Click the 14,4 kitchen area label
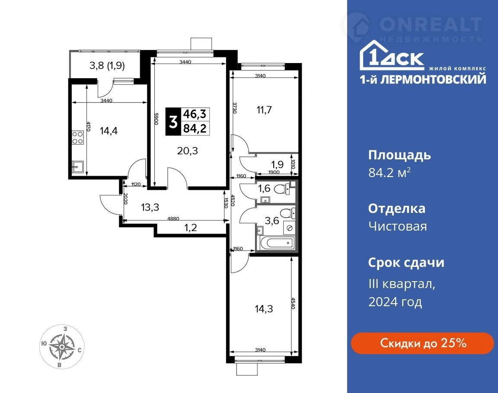[109, 130]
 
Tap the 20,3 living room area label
[187, 151]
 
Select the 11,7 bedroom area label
[264, 110]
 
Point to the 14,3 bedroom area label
[264, 309]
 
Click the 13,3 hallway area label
[150, 207]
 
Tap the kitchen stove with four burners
[77, 137]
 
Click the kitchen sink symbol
[78, 167]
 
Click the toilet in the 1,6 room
[280, 189]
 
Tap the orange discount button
[422, 343]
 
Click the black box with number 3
[173, 121]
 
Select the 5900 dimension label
[156, 119]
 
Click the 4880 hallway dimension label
[173, 219]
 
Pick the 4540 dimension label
[293, 303]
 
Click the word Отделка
[397, 209]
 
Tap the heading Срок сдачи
[406, 263]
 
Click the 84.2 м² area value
[389, 173]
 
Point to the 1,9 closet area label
[277, 164]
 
